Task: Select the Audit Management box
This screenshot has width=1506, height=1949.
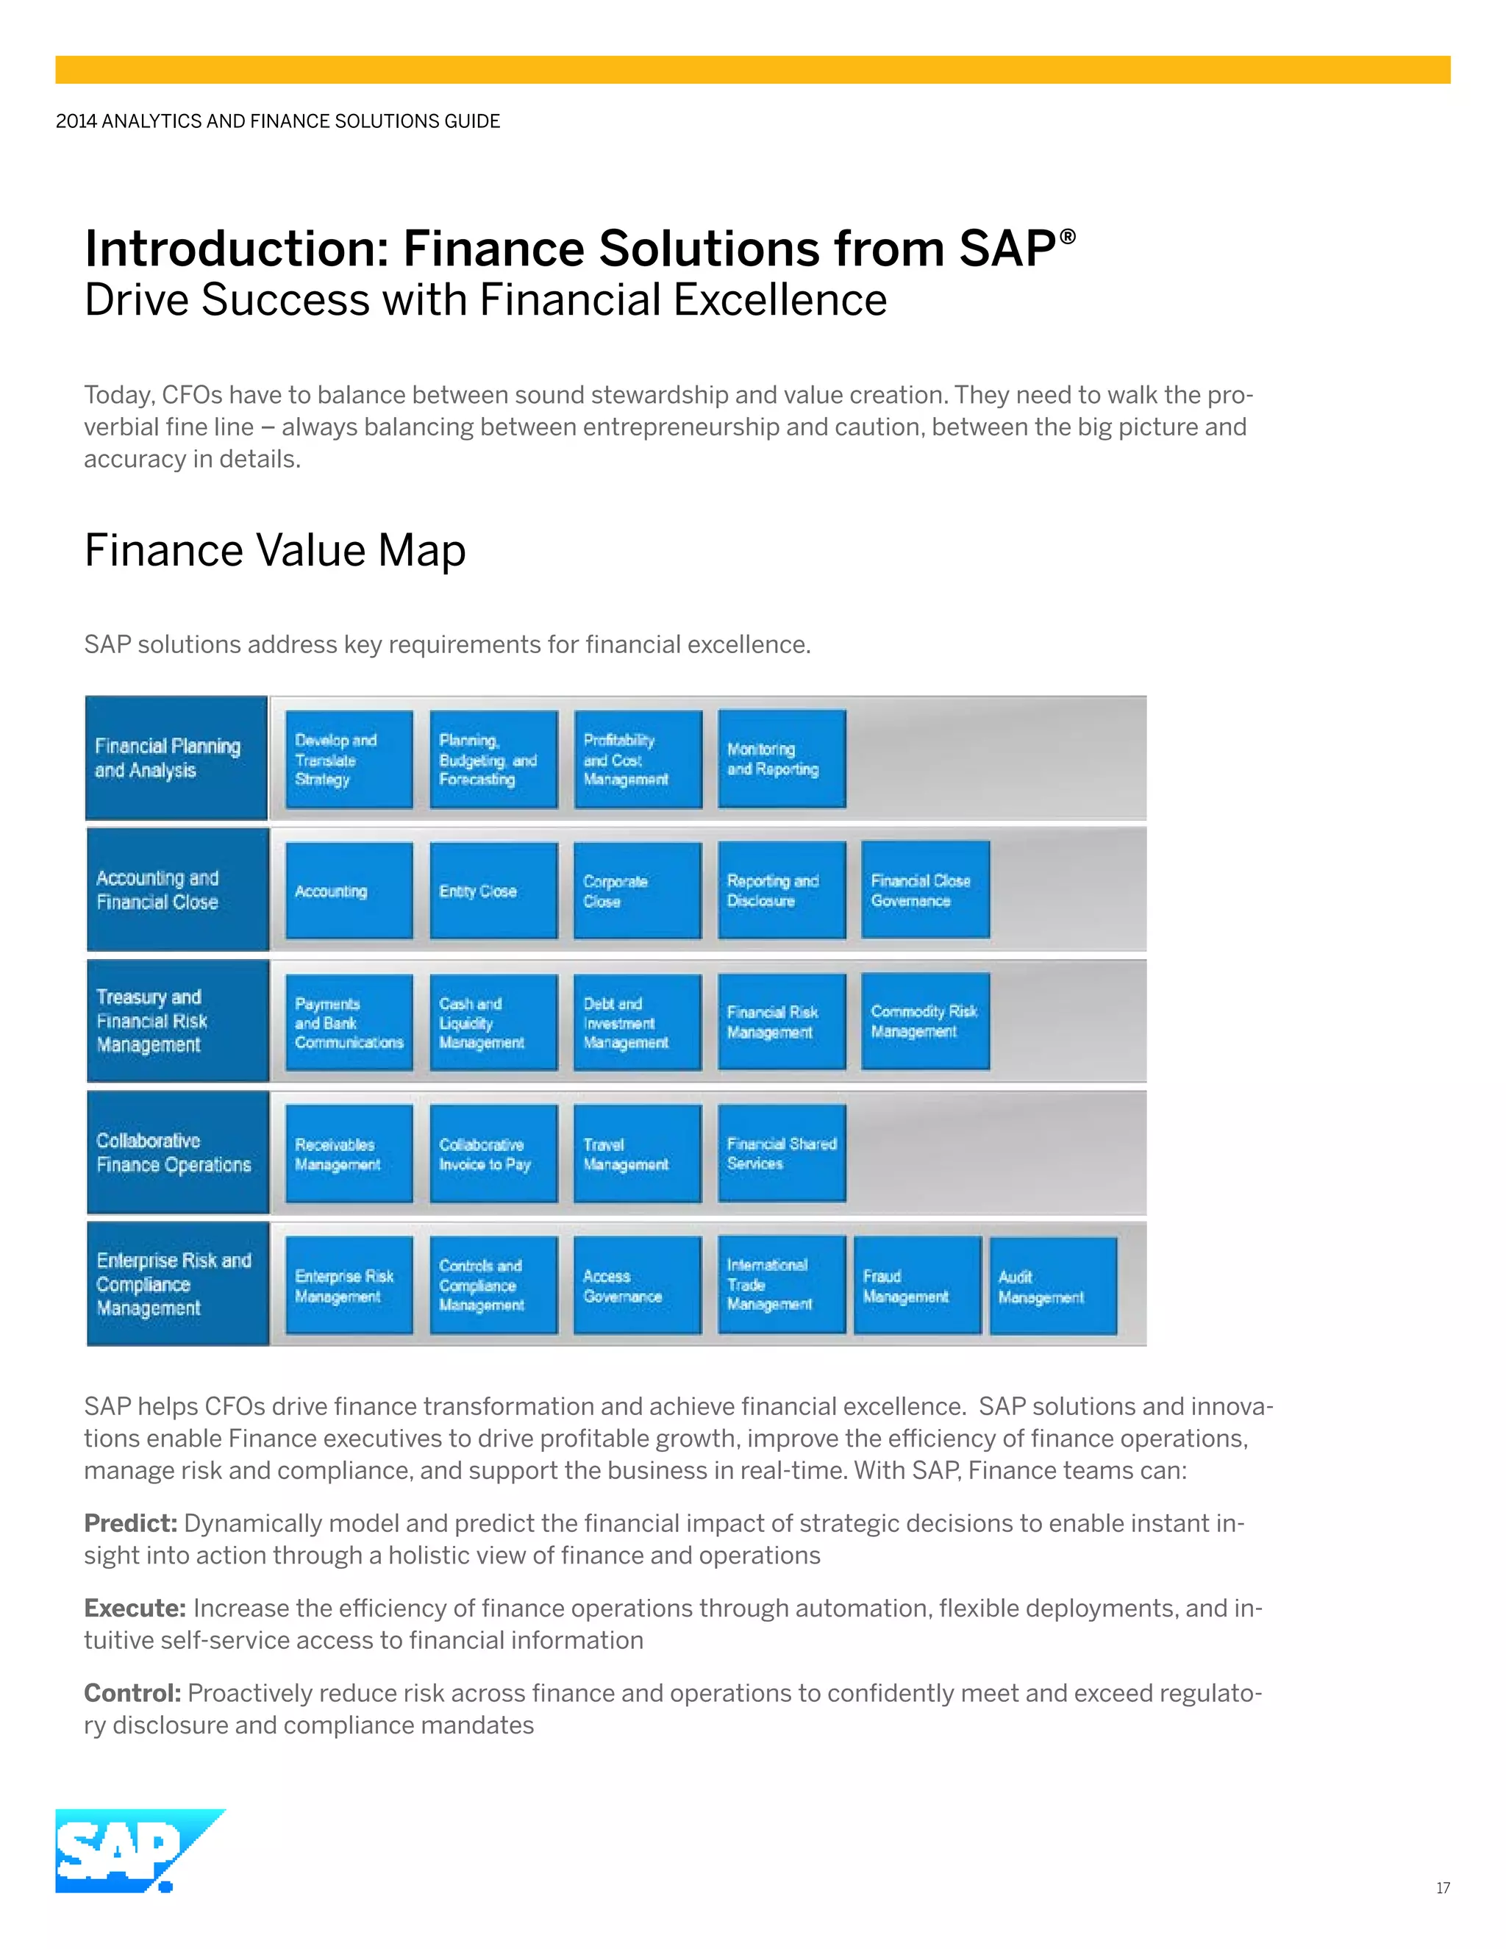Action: tap(1053, 1286)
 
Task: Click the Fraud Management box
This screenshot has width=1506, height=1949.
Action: tap(917, 1286)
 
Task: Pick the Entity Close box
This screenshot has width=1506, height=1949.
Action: tap(493, 891)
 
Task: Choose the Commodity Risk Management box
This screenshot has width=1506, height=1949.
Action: tap(925, 1022)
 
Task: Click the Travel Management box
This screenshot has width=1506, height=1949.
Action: tap(637, 1154)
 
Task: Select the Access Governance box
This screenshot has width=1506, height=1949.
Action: tap(637, 1286)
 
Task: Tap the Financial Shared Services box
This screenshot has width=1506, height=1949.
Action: tap(782, 1154)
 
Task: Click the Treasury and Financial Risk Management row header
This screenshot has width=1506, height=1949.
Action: tap(177, 1021)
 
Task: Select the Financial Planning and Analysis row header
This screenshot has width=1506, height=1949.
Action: tap(176, 758)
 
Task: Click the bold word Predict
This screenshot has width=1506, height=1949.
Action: tap(130, 1523)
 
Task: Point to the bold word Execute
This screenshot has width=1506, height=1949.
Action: tap(135, 1608)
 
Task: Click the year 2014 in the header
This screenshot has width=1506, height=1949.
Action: tap(76, 121)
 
